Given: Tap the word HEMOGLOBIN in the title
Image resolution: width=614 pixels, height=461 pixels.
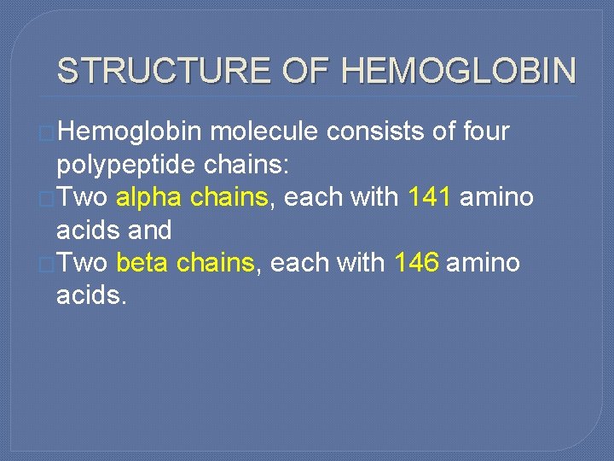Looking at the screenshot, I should pyautogui.click(x=459, y=70).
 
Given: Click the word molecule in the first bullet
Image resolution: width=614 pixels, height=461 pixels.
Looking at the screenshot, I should pyautogui.click(x=264, y=132).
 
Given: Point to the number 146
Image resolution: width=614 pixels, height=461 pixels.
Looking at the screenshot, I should pyautogui.click(x=417, y=263).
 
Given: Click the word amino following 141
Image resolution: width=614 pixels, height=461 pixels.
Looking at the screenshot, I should pyautogui.click(x=496, y=197).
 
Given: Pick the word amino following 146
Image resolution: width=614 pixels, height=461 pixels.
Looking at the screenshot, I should pyautogui.click(x=483, y=263).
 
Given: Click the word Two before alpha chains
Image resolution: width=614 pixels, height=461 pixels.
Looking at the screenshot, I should pyautogui.click(x=83, y=197).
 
